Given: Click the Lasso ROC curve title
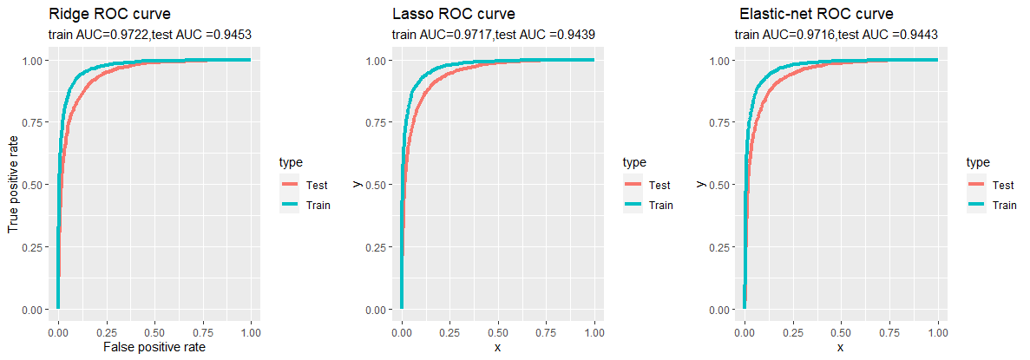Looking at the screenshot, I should click(x=454, y=15).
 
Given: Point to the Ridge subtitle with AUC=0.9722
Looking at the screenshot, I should click(x=150, y=35).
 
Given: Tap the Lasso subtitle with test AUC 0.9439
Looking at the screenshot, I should click(x=493, y=35).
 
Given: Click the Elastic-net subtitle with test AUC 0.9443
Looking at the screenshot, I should click(x=836, y=35).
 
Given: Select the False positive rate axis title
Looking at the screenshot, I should click(x=154, y=347).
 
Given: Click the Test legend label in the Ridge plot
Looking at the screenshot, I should click(x=317, y=185).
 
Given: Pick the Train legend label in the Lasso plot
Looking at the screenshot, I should click(x=661, y=206).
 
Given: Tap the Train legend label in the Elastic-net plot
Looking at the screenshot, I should click(x=1005, y=206).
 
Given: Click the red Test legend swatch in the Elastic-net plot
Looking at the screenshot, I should click(x=977, y=185).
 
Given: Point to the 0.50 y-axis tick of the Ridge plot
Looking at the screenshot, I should click(x=31, y=185).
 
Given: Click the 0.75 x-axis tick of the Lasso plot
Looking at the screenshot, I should click(x=547, y=331).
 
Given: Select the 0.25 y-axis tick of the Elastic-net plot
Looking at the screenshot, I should click(x=718, y=247).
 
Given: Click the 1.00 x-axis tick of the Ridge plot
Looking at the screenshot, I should click(x=251, y=331).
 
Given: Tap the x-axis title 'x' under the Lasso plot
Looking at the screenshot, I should click(x=498, y=347).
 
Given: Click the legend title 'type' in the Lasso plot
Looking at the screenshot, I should click(x=634, y=162).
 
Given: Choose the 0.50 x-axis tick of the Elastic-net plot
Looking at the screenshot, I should click(x=841, y=331).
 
